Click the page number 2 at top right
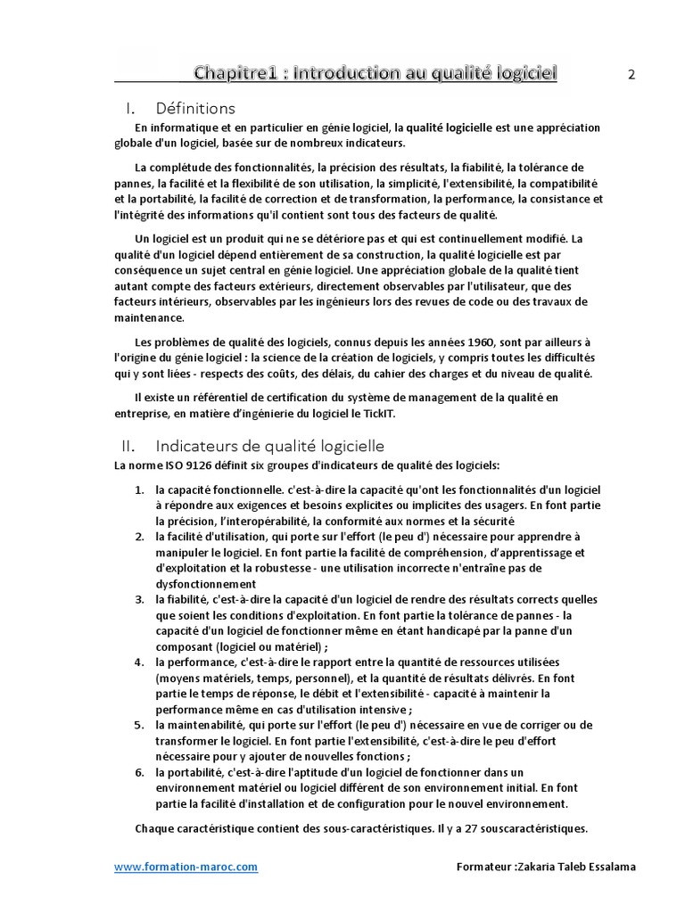click(x=631, y=75)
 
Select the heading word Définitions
click(x=195, y=109)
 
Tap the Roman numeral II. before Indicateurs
click(x=127, y=446)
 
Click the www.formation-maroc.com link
click(x=186, y=867)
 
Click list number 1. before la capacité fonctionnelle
click(x=140, y=490)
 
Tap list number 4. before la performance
click(x=140, y=662)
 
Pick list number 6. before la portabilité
click(x=140, y=772)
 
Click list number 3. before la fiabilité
click(x=140, y=599)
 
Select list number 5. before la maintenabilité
click(x=140, y=725)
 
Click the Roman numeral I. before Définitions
click(x=129, y=109)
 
